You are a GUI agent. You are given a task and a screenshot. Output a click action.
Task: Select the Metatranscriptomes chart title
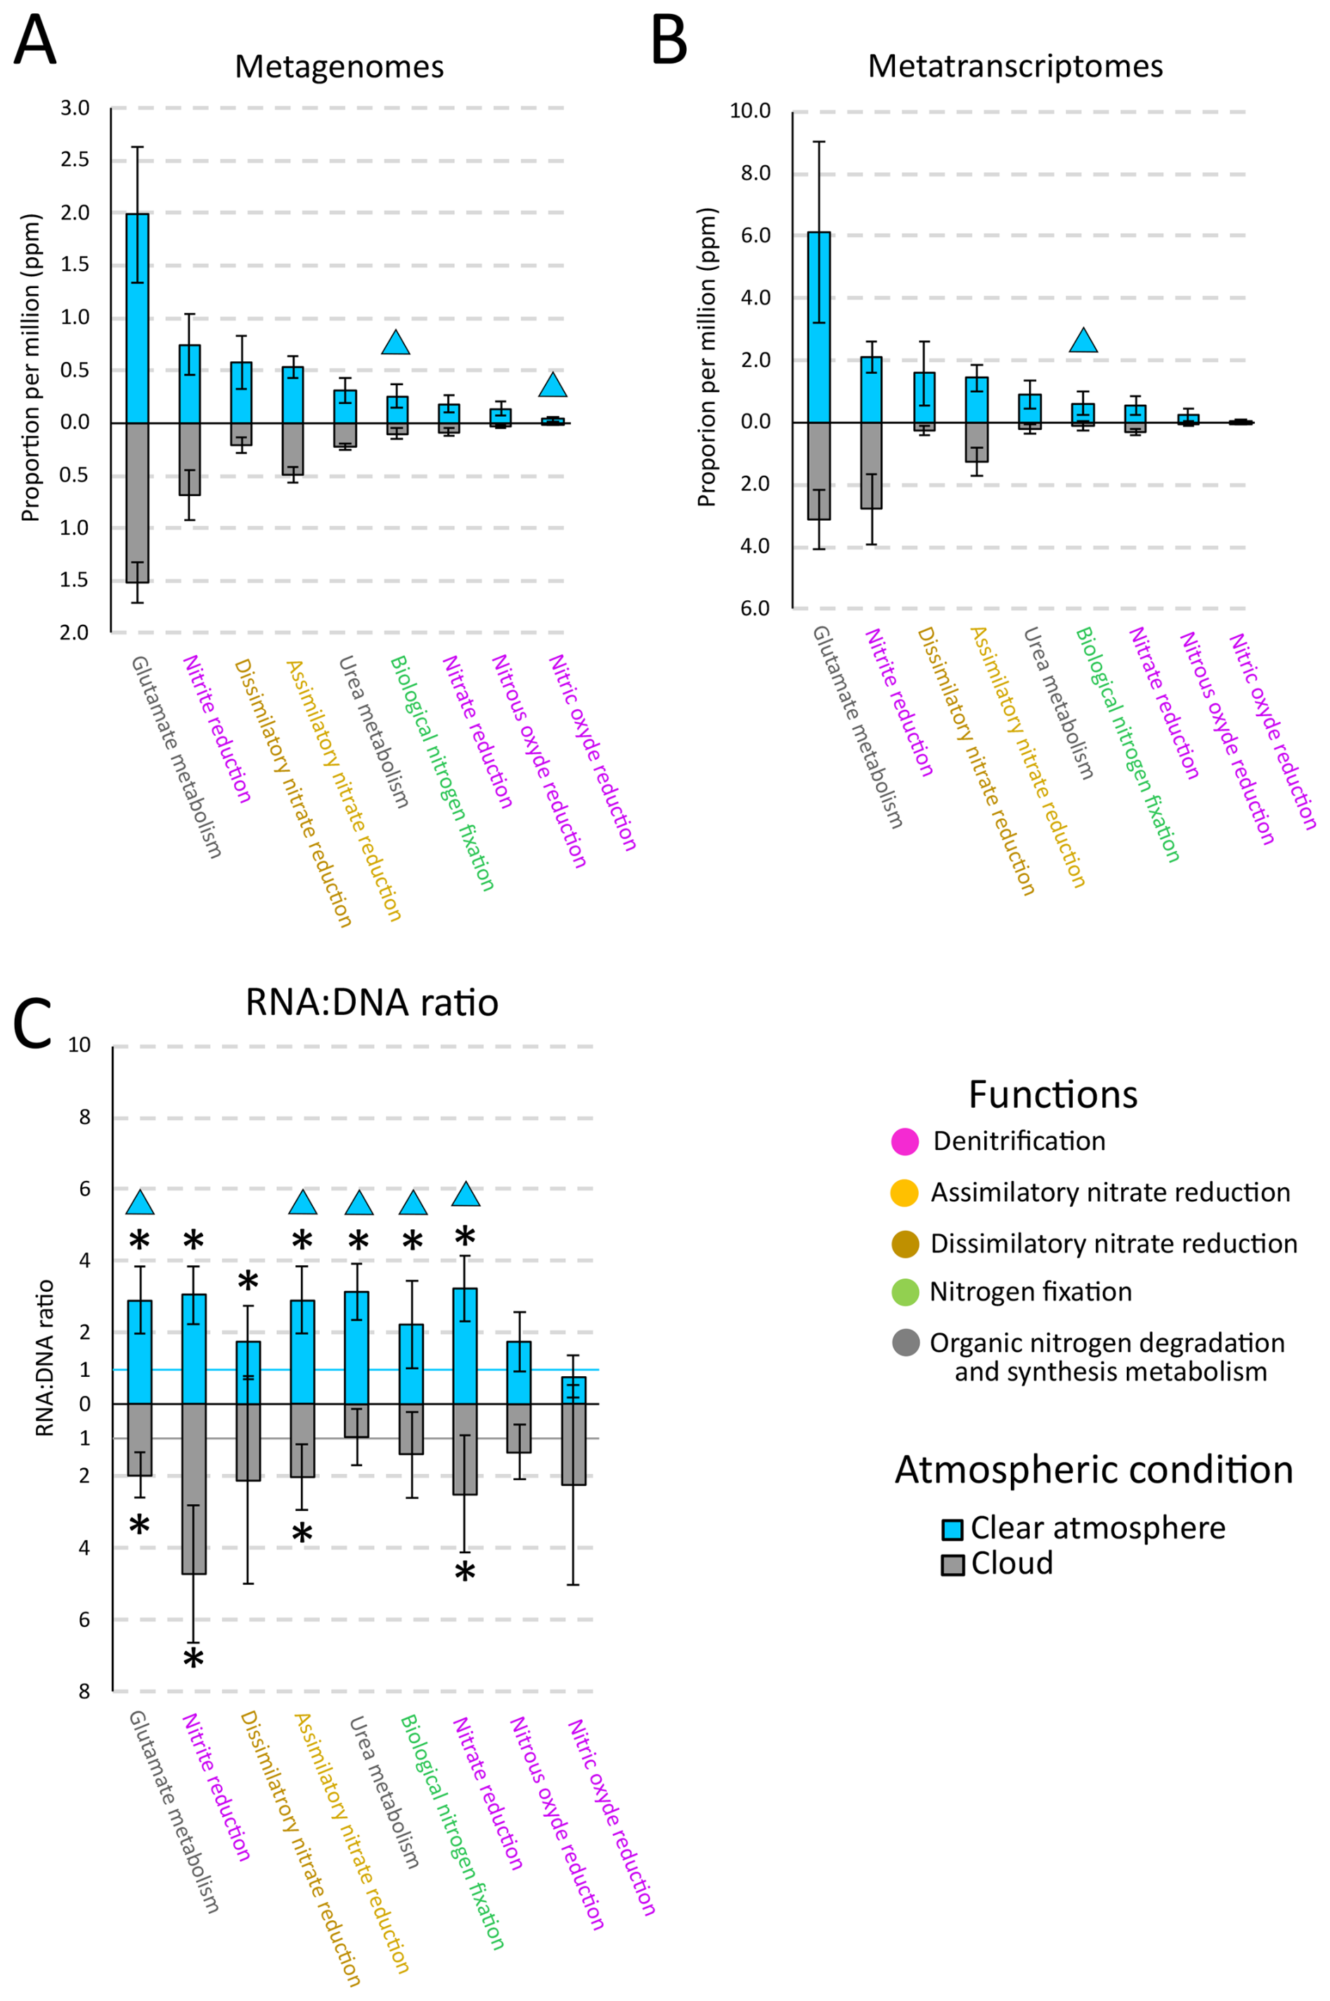click(x=1014, y=67)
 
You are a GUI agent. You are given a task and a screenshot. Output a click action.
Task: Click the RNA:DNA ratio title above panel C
click(x=372, y=1003)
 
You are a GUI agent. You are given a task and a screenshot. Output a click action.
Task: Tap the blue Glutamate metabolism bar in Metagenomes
click(x=137, y=318)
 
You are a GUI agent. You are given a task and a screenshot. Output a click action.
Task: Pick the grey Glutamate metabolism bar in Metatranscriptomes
click(x=818, y=471)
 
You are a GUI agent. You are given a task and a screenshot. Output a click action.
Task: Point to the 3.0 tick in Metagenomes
click(x=75, y=108)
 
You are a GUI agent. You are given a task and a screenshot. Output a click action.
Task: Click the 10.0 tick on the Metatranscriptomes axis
click(x=750, y=111)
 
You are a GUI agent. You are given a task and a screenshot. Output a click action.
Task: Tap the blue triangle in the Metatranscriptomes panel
click(x=1083, y=341)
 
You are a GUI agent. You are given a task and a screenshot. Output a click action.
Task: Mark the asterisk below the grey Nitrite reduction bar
click(x=194, y=1659)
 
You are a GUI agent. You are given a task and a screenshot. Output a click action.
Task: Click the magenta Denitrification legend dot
click(x=905, y=1142)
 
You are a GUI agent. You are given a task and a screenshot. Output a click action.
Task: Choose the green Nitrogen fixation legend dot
click(x=905, y=1292)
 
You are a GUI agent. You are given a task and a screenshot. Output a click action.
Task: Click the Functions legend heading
click(x=1052, y=1094)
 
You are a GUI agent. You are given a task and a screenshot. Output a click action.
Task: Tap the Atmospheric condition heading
click(x=1093, y=1470)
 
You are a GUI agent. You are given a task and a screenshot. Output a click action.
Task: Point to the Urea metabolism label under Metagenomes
click(x=373, y=731)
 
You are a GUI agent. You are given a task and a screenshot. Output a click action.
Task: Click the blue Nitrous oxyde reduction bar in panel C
click(x=518, y=1373)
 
